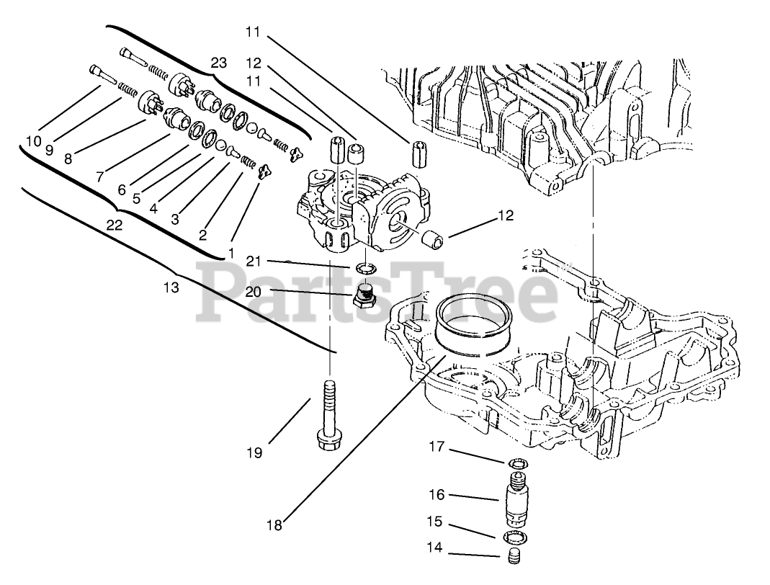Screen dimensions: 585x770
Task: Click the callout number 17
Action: [x=437, y=447]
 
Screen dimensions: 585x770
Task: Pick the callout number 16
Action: [x=437, y=495]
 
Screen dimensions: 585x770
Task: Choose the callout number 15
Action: [x=434, y=522]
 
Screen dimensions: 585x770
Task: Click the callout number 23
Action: [x=218, y=63]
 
